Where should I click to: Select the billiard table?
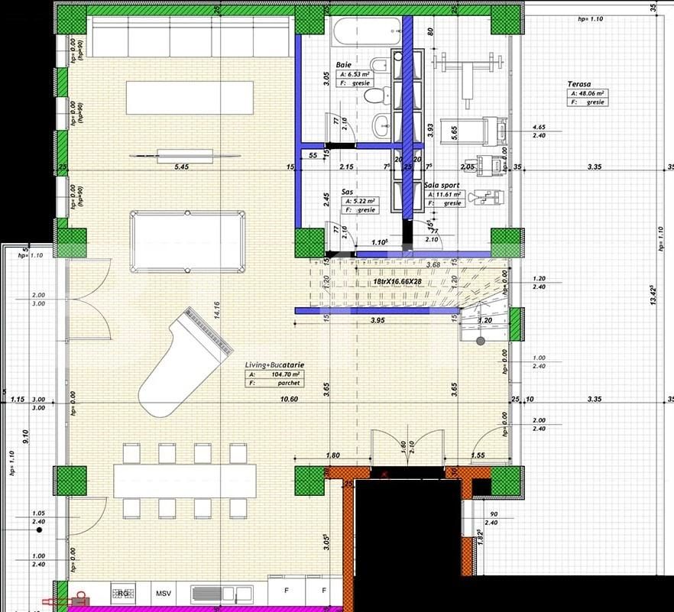click(x=187, y=241)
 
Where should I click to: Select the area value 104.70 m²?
click(x=282, y=375)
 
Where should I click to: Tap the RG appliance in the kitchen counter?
click(x=122, y=593)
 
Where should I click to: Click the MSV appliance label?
click(x=164, y=593)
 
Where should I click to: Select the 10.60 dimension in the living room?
click(x=288, y=399)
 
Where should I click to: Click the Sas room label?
click(x=347, y=193)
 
